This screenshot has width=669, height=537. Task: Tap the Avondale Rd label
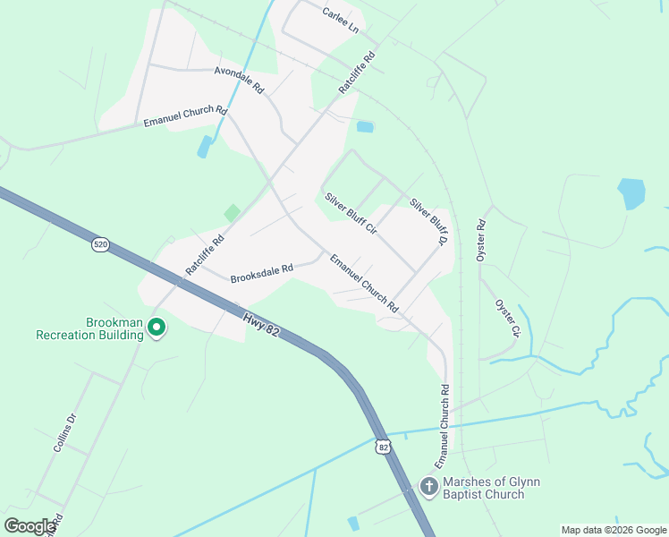[x=239, y=81]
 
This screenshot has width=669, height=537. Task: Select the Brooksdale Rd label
[x=262, y=273]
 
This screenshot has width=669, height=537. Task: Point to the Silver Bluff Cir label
[x=351, y=213]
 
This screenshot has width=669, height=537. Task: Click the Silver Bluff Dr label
[x=428, y=222]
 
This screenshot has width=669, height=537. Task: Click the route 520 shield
[x=100, y=243]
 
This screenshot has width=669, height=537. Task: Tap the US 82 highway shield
[x=384, y=446]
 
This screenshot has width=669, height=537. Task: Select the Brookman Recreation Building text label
[x=89, y=328]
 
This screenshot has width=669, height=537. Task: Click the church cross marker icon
[x=429, y=487]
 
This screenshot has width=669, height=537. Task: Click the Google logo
[x=30, y=526]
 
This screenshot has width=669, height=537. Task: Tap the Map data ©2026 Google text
[x=614, y=530]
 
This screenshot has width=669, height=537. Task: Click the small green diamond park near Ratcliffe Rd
[x=232, y=213]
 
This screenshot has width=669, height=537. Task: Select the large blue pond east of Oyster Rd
[x=631, y=192]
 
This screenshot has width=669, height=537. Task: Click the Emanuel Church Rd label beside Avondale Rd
[x=185, y=116]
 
